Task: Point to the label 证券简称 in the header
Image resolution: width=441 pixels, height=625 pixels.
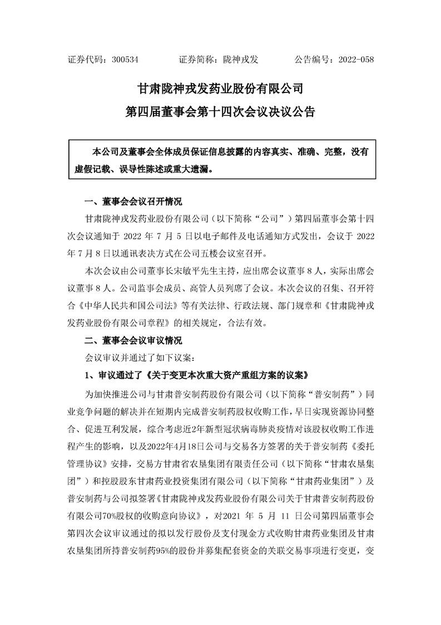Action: [x=194, y=59]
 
